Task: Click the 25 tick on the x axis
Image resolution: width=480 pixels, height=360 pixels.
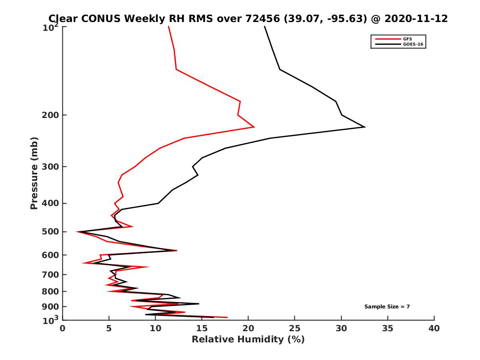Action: [x=295, y=328]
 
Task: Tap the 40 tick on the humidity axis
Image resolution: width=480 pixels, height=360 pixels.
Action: [x=434, y=328]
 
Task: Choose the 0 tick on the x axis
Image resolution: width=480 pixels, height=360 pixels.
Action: [x=63, y=328]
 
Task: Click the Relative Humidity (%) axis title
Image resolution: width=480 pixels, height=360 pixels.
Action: [x=248, y=340]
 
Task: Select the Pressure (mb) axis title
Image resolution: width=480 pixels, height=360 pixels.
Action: [x=34, y=173]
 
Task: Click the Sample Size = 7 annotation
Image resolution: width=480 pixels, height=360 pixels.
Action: [x=387, y=307]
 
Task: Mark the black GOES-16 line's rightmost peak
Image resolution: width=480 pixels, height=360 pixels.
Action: [x=364, y=127]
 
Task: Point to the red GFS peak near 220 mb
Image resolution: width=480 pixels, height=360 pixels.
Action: [x=254, y=127]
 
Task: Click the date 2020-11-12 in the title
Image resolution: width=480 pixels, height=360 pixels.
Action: [x=415, y=18]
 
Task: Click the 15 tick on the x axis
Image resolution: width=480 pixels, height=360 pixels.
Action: [x=202, y=328]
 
